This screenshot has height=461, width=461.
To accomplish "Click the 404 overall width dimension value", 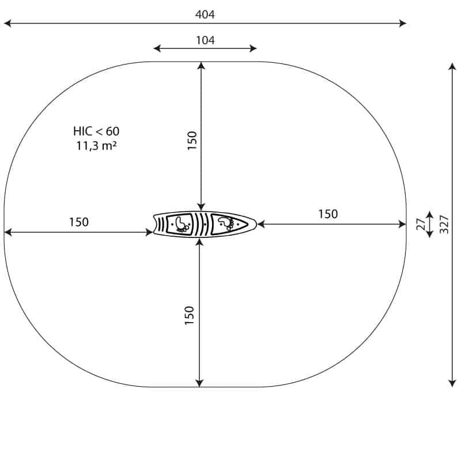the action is pyautogui.click(x=205, y=14).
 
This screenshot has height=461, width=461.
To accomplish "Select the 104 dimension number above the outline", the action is pyautogui.click(x=205, y=40).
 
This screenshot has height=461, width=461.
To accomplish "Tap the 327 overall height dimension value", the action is pyautogui.click(x=444, y=225).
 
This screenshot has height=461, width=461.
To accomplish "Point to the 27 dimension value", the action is pyautogui.click(x=421, y=224).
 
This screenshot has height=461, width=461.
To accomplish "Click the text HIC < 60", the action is pyautogui.click(x=96, y=131).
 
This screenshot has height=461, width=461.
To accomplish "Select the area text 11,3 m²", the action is pyautogui.click(x=96, y=146).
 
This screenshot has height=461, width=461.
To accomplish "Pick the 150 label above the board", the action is pyautogui.click(x=192, y=141).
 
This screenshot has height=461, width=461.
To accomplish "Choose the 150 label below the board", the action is pyautogui.click(x=190, y=315).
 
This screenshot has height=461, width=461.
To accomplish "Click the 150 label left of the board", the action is pyautogui.click(x=79, y=222).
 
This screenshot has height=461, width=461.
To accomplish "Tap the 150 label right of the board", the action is pyautogui.click(x=328, y=214).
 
